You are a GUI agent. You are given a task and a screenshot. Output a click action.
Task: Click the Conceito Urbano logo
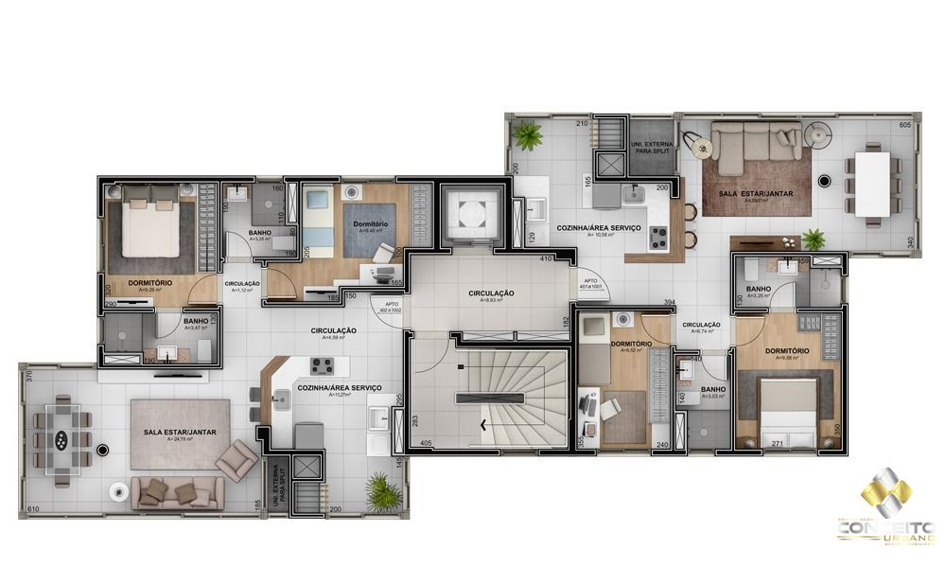[x=886, y=511]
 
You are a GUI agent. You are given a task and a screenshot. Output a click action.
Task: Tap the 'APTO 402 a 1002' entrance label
[x=389, y=307]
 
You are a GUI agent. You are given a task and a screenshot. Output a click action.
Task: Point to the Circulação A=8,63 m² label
[x=491, y=296]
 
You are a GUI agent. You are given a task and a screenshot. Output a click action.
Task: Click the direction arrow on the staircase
[x=486, y=424]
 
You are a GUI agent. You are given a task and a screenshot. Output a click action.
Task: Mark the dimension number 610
[x=34, y=509]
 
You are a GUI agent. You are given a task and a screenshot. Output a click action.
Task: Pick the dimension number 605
[x=904, y=125]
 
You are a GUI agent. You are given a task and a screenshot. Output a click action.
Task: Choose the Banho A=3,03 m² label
[x=712, y=392]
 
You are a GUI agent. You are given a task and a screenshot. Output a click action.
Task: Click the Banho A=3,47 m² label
[x=196, y=324]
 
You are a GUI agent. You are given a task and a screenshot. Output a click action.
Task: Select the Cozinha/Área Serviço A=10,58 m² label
[x=625, y=230]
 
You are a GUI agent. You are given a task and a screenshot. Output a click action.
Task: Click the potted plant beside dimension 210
[x=526, y=135]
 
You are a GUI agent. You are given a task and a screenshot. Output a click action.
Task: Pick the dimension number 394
[x=669, y=303]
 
